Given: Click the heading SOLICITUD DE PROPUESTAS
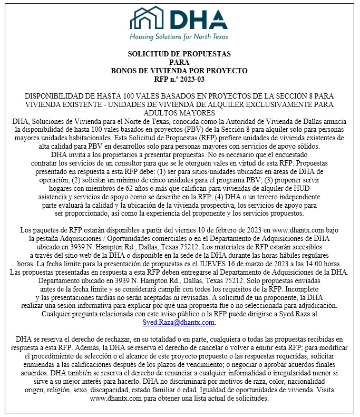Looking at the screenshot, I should point(179,54).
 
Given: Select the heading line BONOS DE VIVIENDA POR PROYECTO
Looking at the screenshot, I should point(179,71).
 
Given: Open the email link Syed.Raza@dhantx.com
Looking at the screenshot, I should point(178,322).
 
